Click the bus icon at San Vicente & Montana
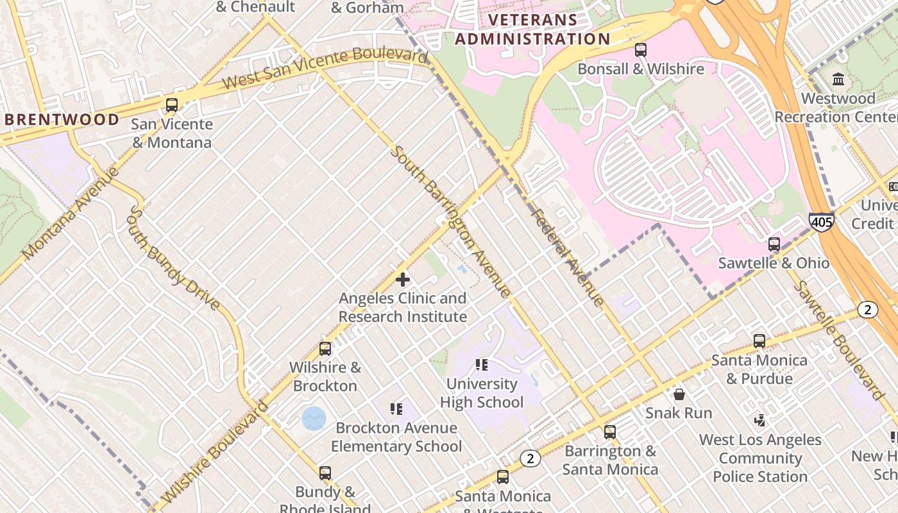point(171,105)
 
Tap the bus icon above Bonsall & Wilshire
point(640,50)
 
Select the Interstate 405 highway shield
point(821,222)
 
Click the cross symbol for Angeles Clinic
point(403,280)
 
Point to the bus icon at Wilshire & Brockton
point(325,349)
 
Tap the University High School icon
point(482,365)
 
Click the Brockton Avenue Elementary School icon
point(396,408)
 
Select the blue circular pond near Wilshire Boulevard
point(314,419)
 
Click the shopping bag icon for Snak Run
point(679,394)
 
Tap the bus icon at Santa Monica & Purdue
point(759,341)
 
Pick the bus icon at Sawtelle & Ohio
point(774,244)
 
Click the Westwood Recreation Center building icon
point(838,80)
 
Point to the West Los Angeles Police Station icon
point(760,421)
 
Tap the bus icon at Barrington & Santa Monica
point(610,432)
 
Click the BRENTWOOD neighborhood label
point(62,119)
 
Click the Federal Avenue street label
point(568,257)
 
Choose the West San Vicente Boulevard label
point(325,69)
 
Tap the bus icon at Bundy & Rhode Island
point(325,473)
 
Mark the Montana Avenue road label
point(71,214)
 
